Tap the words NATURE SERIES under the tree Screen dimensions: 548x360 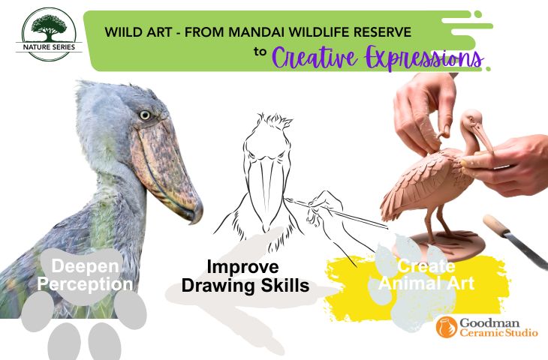pyautogui.click(x=49, y=47)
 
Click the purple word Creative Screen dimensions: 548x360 pyautogui.click(x=315, y=58)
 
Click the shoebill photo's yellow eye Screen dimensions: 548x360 pyautogui.click(x=145, y=115)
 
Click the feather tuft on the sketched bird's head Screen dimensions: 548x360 pyautogui.click(x=274, y=121)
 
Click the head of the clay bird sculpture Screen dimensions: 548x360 pyautogui.click(x=472, y=121)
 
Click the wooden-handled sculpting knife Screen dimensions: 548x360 pyautogui.click(x=514, y=241)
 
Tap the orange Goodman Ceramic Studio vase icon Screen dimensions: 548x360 pyautogui.click(x=447, y=327)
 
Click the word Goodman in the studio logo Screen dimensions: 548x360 pyautogui.click(x=489, y=323)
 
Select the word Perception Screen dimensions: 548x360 pyautogui.click(x=85, y=284)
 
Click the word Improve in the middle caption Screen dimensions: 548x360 pyautogui.click(x=243, y=267)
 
